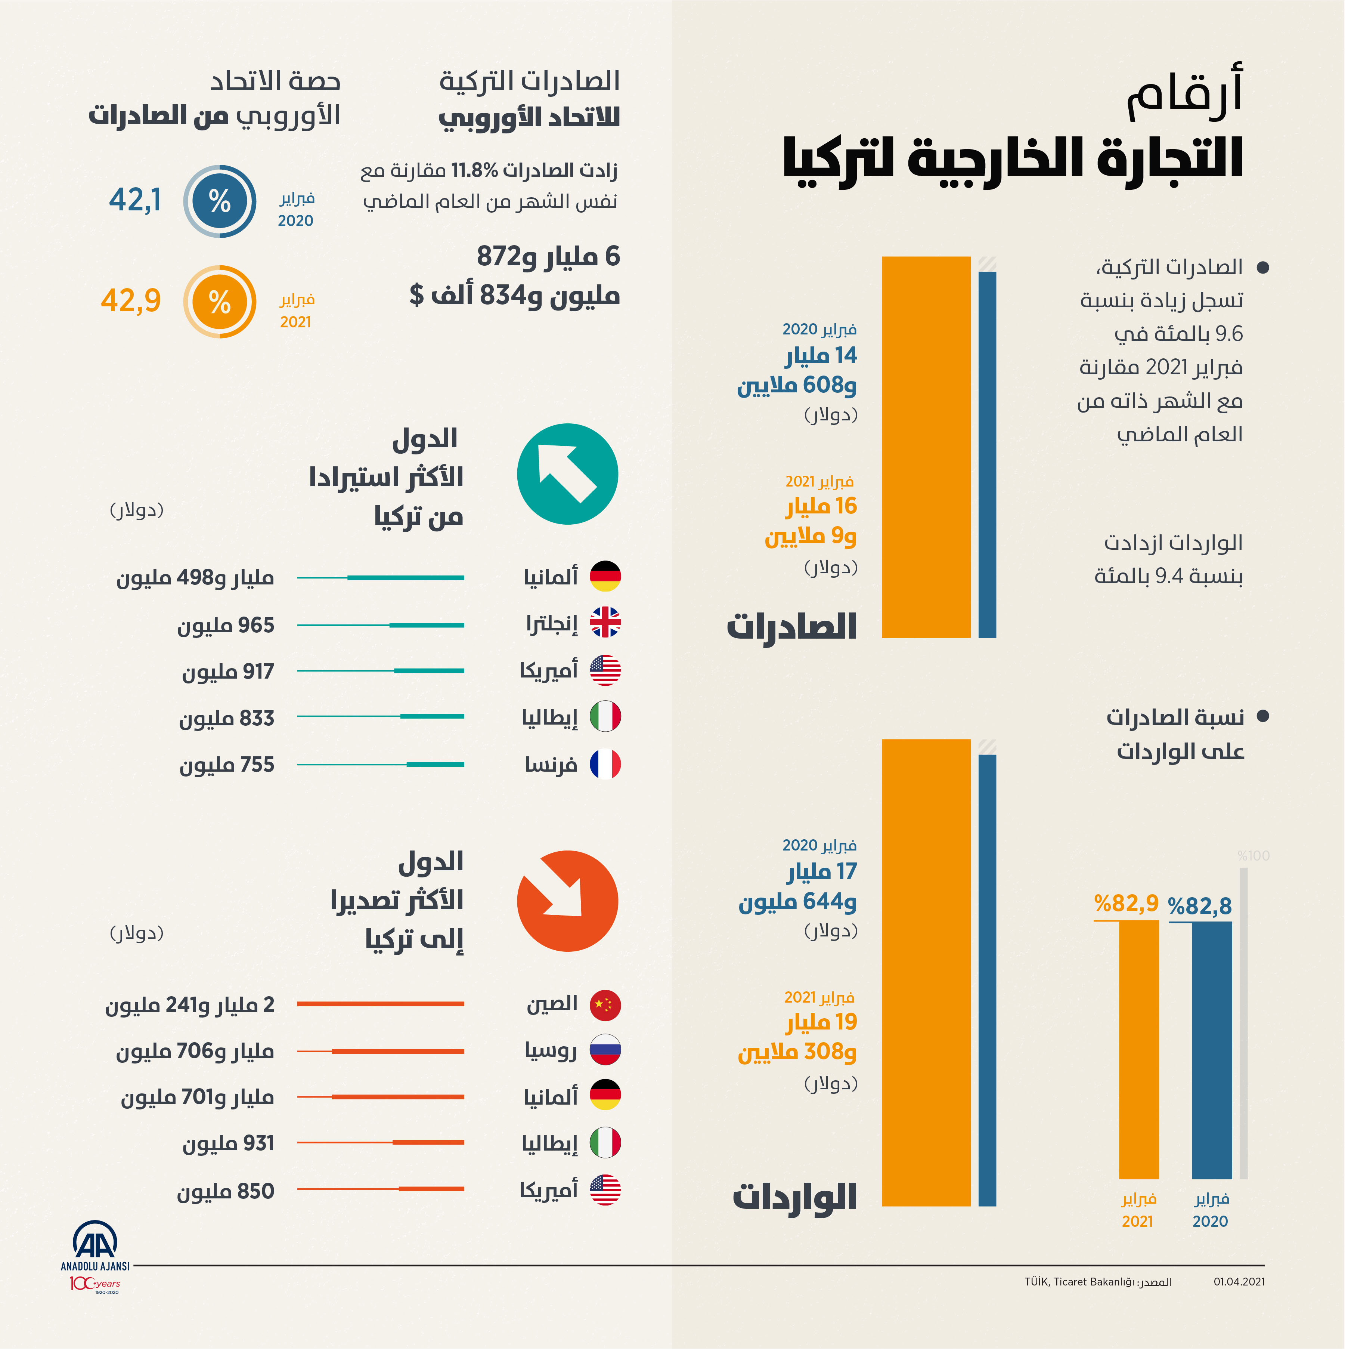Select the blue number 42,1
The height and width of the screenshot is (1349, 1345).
135,200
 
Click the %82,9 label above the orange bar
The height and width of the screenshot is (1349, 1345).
1125,904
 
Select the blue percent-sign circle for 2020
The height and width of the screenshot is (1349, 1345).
219,201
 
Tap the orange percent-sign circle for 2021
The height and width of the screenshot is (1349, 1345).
219,302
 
